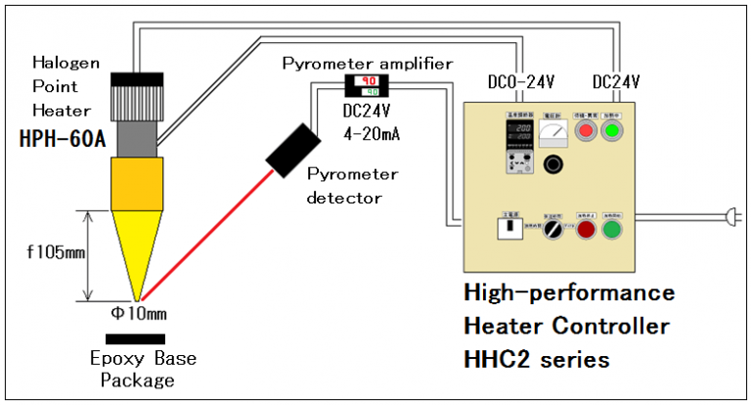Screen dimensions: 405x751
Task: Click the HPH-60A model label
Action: pos(60,139)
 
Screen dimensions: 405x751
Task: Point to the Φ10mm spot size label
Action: pos(138,316)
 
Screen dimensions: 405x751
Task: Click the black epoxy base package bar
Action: pos(139,337)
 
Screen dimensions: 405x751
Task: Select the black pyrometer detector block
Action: pos(290,150)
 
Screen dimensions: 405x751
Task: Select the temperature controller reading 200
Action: pos(518,137)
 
